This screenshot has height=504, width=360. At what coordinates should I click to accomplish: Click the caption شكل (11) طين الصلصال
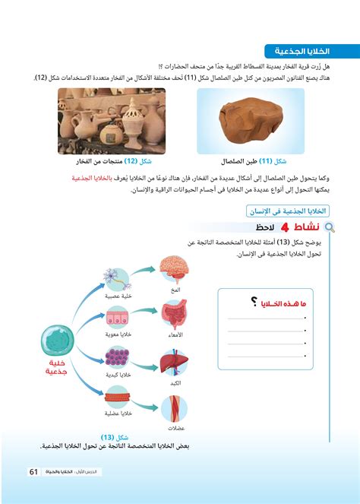(251, 162)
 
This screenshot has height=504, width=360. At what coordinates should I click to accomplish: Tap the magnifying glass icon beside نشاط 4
(331, 227)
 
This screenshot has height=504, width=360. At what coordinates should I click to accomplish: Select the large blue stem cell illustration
(57, 339)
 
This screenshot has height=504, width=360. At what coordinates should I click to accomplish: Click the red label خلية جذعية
(57, 369)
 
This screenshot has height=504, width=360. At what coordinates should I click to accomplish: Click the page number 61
(34, 472)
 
